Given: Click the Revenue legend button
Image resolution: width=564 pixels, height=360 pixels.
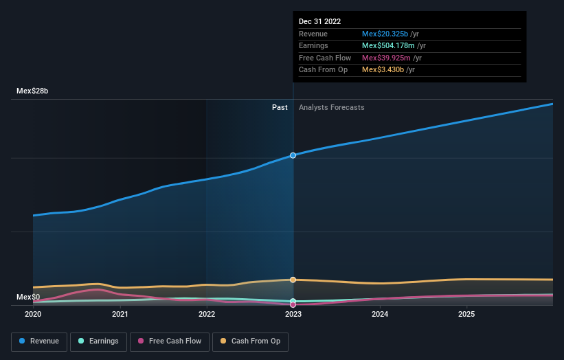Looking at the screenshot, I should tap(39, 341).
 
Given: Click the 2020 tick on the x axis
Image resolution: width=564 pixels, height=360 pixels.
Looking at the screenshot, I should tap(33, 315).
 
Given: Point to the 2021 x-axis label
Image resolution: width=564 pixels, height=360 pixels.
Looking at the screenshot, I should tap(120, 315).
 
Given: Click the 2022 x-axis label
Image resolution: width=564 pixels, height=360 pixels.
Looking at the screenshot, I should tap(207, 315).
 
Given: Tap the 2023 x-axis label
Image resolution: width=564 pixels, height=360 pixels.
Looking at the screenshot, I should tap(293, 315).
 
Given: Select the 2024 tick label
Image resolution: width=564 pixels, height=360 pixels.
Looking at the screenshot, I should tap(380, 315).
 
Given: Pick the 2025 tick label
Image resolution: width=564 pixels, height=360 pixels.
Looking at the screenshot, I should tap(466, 315).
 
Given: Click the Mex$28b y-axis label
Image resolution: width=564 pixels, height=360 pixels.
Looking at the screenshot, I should tap(32, 91).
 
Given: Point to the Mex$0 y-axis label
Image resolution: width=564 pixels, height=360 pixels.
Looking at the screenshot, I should tap(28, 297).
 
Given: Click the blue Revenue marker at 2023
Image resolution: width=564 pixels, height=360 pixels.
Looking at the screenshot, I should tap(293, 155).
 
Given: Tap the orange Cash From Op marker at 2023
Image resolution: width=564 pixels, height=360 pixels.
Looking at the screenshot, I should tap(293, 280).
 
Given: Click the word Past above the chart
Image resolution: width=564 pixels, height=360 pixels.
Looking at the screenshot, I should tap(280, 107).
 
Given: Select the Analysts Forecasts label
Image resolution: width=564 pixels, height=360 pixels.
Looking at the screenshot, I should tap(331, 107).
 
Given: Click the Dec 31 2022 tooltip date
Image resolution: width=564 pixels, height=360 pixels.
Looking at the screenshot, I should tap(319, 22).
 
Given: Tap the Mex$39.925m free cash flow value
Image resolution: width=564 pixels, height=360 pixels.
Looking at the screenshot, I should tap(385, 58).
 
